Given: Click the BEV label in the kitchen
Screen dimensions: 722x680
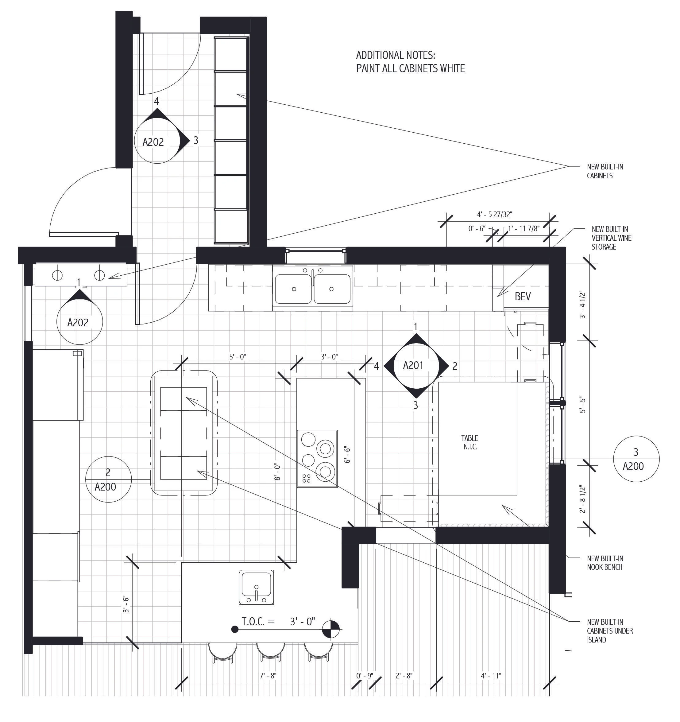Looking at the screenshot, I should [x=523, y=297].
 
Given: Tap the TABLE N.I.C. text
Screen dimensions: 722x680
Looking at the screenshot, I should [x=470, y=443].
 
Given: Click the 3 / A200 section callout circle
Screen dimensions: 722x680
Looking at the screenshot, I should [x=636, y=459].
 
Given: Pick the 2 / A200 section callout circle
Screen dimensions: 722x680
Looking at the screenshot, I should [x=108, y=479].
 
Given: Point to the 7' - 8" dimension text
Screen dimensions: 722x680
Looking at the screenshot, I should [x=268, y=676].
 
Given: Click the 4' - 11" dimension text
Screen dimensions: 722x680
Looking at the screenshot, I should [x=491, y=676].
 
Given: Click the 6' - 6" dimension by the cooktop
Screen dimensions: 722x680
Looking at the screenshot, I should [x=347, y=455].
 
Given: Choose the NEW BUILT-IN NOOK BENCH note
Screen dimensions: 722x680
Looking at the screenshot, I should [x=605, y=563].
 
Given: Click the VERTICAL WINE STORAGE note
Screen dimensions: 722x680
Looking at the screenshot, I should [x=611, y=238].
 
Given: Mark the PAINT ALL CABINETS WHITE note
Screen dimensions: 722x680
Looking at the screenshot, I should [x=410, y=69].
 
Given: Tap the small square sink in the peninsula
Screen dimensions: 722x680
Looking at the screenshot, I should [x=256, y=587].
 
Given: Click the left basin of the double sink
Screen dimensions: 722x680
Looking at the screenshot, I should [x=293, y=289].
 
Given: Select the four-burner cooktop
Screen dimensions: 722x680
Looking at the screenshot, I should [x=317, y=459].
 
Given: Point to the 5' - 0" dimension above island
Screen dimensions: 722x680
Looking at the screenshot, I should [x=238, y=357].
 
